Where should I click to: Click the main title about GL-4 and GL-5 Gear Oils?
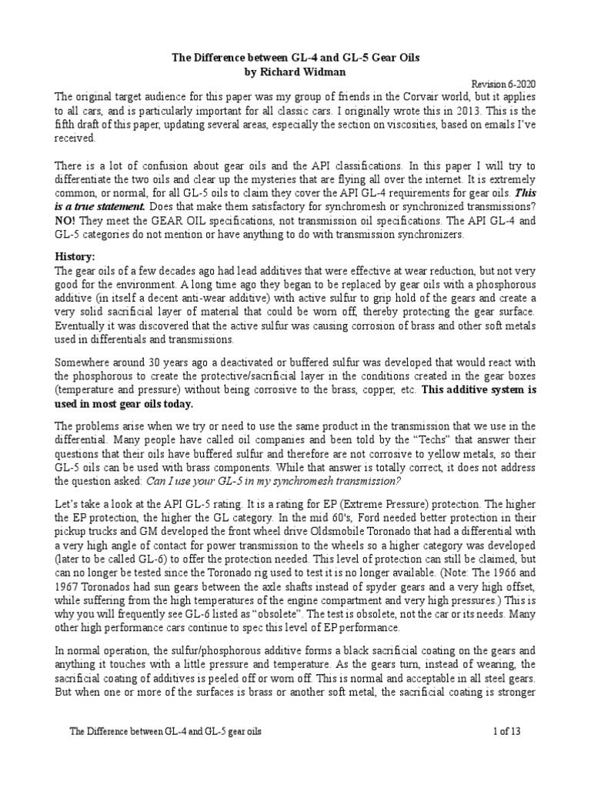coord(296,58)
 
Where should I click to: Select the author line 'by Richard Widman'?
coord(295,72)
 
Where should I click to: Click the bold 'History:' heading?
coord(75,255)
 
